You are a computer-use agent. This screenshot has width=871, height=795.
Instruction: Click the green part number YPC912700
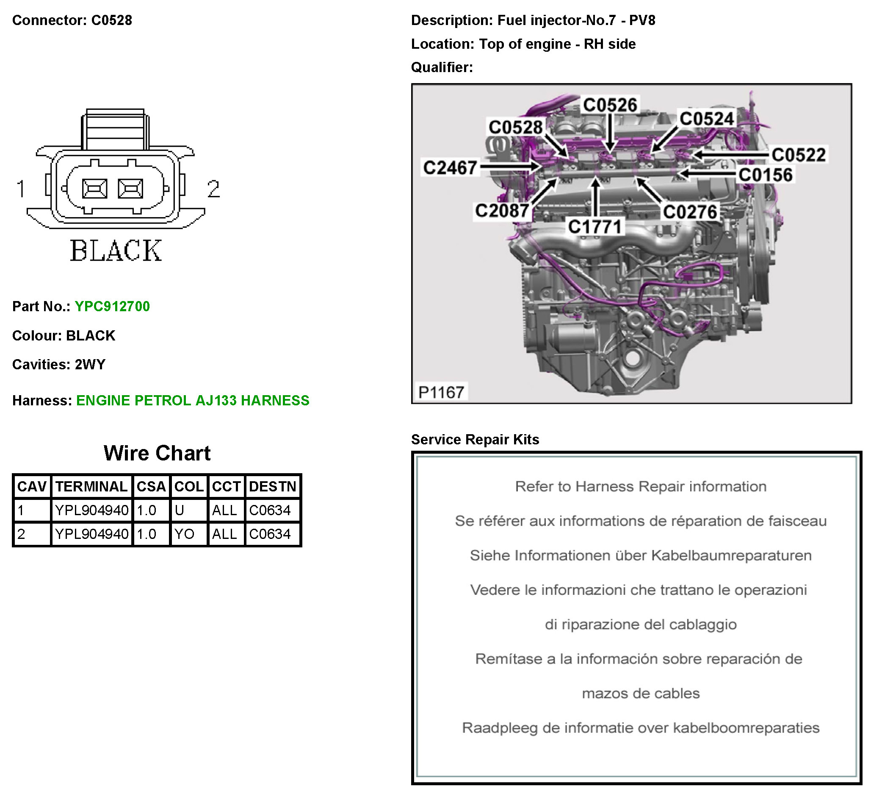(112, 306)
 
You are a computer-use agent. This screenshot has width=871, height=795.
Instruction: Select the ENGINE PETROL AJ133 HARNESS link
(193, 400)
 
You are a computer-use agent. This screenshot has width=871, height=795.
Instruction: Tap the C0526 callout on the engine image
(610, 105)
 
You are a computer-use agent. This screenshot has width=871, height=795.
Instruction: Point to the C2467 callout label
(450, 168)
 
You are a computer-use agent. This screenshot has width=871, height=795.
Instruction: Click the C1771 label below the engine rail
(594, 226)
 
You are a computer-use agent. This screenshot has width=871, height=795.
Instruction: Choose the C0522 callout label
(799, 155)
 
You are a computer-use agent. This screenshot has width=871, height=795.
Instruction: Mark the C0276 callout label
(689, 212)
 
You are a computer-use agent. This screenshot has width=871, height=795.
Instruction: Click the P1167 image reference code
(441, 392)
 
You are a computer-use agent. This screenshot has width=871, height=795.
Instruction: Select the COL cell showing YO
(185, 534)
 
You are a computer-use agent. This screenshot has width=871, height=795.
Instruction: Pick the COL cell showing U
(180, 510)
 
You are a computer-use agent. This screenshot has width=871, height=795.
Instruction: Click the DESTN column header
(272, 487)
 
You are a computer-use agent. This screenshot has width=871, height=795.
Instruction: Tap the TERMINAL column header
(91, 487)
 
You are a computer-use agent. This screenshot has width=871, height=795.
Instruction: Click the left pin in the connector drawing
(94, 189)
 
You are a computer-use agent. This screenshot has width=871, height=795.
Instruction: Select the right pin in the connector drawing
(130, 189)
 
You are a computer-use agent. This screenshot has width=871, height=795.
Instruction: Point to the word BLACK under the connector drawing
(116, 251)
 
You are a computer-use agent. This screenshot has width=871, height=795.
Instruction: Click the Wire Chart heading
(157, 453)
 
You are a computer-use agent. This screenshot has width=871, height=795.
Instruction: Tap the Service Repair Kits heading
(475, 439)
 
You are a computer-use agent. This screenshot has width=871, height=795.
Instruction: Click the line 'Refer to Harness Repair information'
(640, 487)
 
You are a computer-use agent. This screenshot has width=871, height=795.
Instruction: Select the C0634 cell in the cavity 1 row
(270, 510)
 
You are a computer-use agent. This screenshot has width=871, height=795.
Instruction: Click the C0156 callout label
(765, 175)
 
